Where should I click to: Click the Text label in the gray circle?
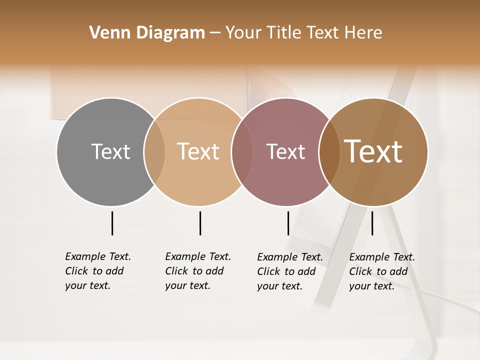110,151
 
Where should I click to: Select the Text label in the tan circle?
198,151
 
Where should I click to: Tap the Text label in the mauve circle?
285,151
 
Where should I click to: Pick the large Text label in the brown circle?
373,151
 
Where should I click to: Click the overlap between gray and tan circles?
154,152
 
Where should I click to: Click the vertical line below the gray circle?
112,223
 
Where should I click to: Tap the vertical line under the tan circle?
200,223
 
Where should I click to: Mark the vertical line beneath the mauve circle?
288,223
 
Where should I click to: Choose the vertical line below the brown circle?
372,223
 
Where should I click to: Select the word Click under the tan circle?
176,271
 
